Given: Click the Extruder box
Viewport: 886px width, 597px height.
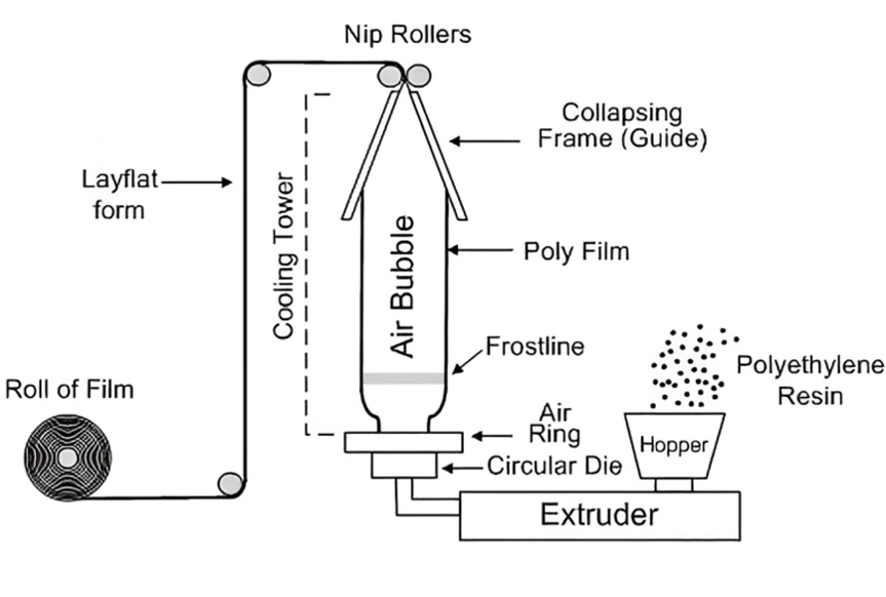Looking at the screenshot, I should (x=598, y=515).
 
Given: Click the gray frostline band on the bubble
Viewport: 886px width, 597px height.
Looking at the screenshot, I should (x=402, y=378).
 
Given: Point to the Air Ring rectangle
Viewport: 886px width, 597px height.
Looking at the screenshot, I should (x=402, y=442).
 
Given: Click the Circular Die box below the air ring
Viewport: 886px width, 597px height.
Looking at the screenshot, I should (x=402, y=465).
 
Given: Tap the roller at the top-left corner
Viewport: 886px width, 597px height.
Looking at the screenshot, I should (x=258, y=74).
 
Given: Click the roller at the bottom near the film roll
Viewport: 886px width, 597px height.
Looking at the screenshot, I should (x=230, y=485).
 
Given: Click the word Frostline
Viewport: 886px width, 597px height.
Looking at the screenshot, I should (x=533, y=346).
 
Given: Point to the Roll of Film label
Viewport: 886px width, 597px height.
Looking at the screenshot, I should (x=69, y=389).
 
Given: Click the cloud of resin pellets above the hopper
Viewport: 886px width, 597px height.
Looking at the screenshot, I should (x=690, y=364).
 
